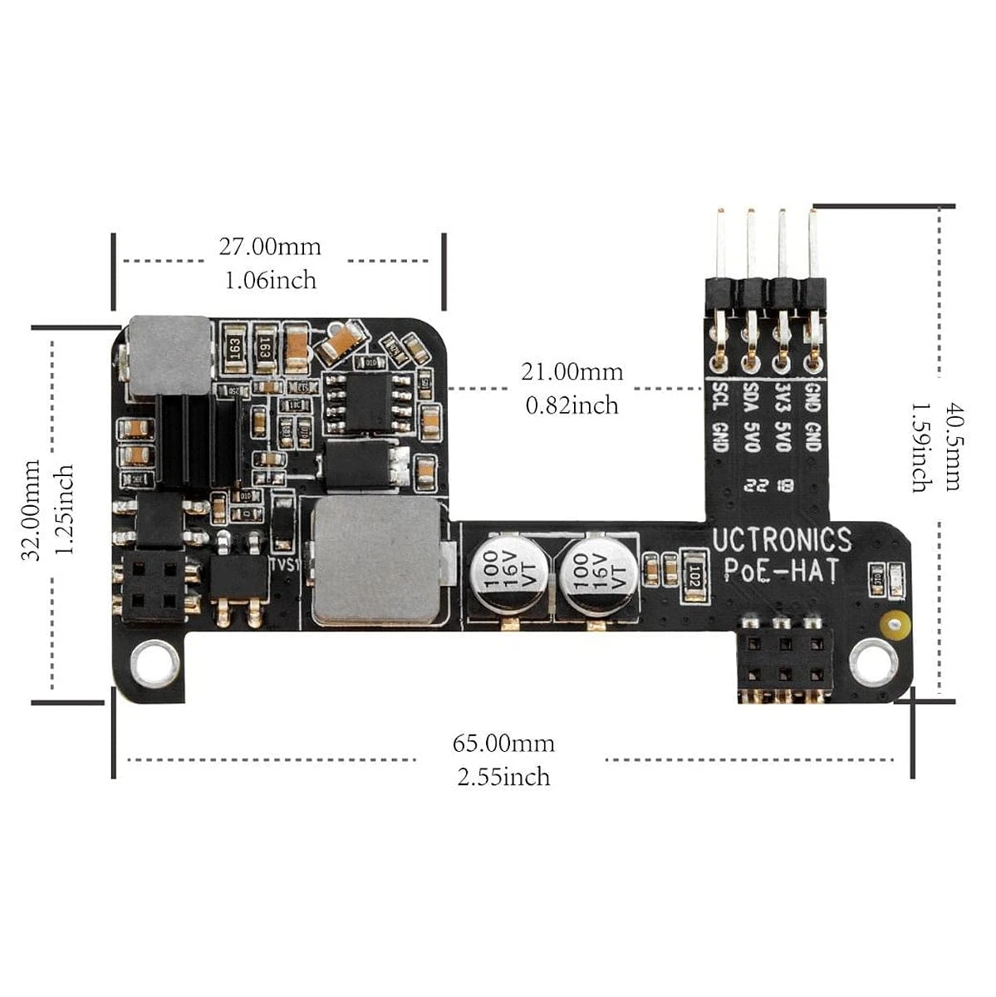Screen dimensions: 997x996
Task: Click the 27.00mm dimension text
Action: point(270,247)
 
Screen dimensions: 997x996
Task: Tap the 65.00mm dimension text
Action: point(503,743)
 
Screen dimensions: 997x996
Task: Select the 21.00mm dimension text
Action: point(572,371)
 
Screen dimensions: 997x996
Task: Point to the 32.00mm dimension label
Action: point(32,510)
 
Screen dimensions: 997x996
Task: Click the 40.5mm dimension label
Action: point(952,448)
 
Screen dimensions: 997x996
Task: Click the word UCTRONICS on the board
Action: point(782,541)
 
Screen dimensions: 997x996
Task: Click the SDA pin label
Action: point(751,398)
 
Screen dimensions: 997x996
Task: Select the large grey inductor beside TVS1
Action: point(374,561)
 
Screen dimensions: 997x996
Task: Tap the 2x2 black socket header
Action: point(153,586)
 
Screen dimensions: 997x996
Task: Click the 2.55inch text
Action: point(503,777)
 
